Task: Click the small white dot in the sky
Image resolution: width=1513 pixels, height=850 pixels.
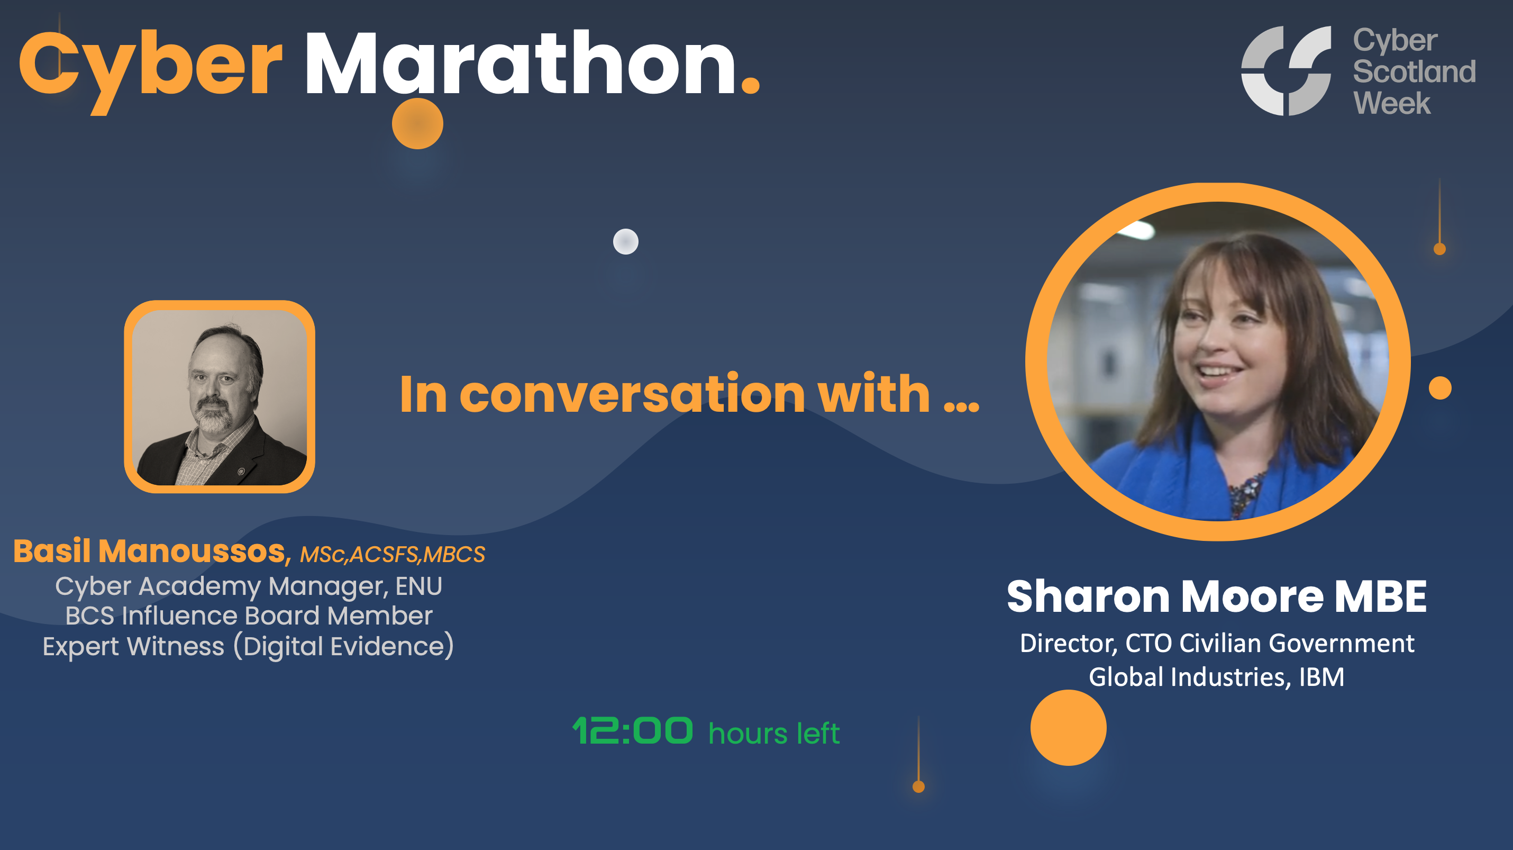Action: click(625, 241)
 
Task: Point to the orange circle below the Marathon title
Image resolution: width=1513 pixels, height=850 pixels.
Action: click(417, 123)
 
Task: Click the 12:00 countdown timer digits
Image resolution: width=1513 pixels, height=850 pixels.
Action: click(633, 731)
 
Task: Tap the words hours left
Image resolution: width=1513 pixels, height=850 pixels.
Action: click(773, 734)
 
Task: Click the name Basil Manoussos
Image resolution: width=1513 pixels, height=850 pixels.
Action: click(150, 551)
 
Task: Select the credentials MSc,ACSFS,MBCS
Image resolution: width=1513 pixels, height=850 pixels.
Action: click(393, 555)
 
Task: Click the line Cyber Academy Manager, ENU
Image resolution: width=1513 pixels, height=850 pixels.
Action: click(249, 586)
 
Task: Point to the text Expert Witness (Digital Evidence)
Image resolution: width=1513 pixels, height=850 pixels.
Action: click(249, 646)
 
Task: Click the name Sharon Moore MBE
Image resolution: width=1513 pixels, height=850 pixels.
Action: click(1216, 597)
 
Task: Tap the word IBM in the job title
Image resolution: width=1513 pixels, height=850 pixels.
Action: click(1321, 677)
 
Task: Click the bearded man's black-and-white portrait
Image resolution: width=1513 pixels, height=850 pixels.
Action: click(220, 397)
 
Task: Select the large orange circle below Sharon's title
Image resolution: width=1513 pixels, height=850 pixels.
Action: click(1068, 728)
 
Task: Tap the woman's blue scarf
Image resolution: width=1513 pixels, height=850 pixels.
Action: click(1169, 476)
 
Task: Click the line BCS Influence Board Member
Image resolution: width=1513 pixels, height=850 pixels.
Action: click(249, 616)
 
